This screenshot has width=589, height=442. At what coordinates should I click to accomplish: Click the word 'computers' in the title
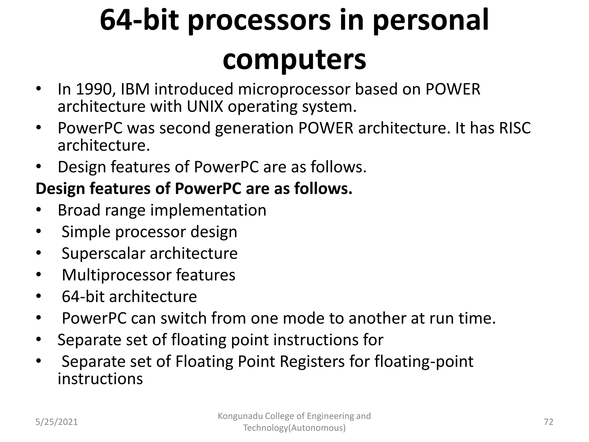point(294,60)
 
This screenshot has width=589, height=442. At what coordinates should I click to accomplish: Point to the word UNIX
point(205,107)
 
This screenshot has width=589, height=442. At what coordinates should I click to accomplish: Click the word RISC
point(515,128)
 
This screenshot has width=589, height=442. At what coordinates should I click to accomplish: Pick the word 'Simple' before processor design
point(86,232)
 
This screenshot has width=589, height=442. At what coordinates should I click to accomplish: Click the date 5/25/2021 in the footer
point(56,422)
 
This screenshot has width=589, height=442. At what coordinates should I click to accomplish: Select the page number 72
point(548,422)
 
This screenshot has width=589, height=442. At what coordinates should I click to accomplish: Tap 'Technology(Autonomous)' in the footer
point(294,428)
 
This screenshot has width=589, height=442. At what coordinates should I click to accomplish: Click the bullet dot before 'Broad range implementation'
point(39,210)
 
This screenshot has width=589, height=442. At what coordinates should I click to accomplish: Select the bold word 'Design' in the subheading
point(60,189)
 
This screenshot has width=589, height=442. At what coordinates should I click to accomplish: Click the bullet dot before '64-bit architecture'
point(39,296)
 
